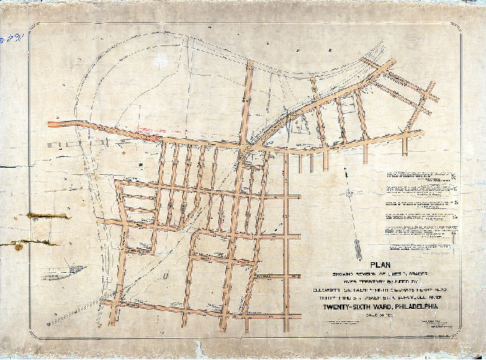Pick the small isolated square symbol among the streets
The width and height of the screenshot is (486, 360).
tap(165, 276)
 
